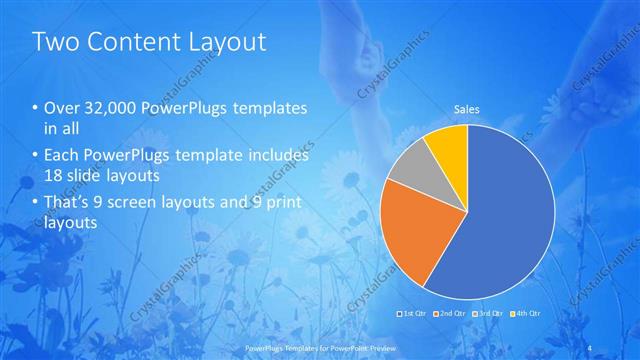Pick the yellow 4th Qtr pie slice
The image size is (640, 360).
tap(448, 146)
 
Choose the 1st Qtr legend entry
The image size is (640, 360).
tap(413, 314)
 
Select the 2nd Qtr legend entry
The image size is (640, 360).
tap(451, 314)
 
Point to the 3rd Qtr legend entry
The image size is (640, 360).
tap(488, 314)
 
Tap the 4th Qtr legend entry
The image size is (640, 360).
tap(526, 314)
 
